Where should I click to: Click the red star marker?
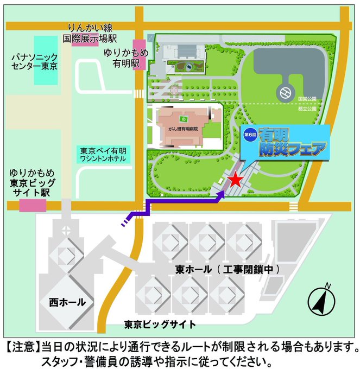[235, 180]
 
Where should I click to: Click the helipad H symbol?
[285, 93]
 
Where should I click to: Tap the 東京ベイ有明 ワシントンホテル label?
[103, 155]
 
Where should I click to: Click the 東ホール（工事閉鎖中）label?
[228, 269]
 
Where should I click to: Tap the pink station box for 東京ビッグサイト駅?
[33, 206]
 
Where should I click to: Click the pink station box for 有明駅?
[139, 48]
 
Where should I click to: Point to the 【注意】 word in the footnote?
[22, 346]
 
